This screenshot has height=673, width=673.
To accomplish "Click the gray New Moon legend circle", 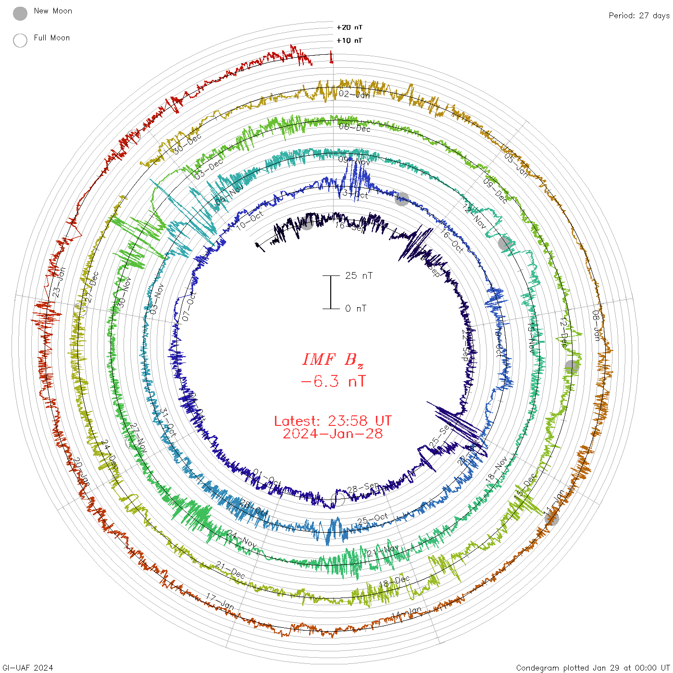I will click(x=20, y=13).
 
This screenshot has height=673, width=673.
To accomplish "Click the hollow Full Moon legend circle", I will click(x=20, y=40).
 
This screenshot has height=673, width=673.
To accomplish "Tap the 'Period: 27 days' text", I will click(x=639, y=15).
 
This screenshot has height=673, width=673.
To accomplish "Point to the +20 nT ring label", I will click(x=349, y=27).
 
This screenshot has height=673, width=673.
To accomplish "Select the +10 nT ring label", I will click(x=349, y=40).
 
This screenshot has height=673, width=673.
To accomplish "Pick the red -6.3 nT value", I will click(x=333, y=381).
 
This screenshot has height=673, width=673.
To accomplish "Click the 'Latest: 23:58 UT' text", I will click(x=333, y=421).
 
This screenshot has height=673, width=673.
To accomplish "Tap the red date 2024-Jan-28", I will click(x=333, y=434).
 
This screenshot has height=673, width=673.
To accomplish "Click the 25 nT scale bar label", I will click(x=359, y=275).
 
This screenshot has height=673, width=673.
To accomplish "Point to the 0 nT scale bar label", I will click(x=356, y=308).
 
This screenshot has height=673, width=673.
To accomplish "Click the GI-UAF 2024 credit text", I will click(x=28, y=668).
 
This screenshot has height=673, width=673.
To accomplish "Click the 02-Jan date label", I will click(x=354, y=94).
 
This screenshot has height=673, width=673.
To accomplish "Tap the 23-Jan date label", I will click(x=59, y=283).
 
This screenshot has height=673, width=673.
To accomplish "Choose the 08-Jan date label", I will click(x=596, y=325).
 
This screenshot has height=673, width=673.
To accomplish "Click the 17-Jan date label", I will click(x=220, y=601).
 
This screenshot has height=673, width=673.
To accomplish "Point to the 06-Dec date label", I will click(x=354, y=127).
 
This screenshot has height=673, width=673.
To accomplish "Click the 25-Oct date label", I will click(x=373, y=520).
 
